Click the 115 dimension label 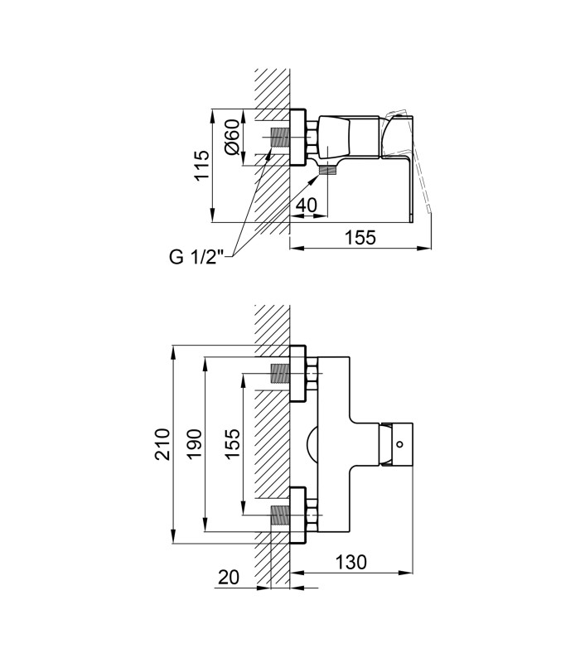click(x=202, y=165)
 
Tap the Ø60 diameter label click(x=232, y=137)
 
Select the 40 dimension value click(x=306, y=205)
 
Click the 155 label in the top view click(x=360, y=237)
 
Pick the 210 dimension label click(x=162, y=444)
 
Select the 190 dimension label click(x=194, y=444)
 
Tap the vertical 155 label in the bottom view click(x=232, y=443)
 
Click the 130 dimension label click(x=351, y=563)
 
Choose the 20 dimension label click(x=229, y=577)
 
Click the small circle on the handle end click(x=400, y=444)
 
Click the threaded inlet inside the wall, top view click(x=280, y=138)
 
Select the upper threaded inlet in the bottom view click(x=280, y=374)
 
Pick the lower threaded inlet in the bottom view click(x=280, y=515)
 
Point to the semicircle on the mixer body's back click(x=312, y=444)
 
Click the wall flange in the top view click(x=297, y=137)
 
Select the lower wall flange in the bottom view click(x=297, y=515)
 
